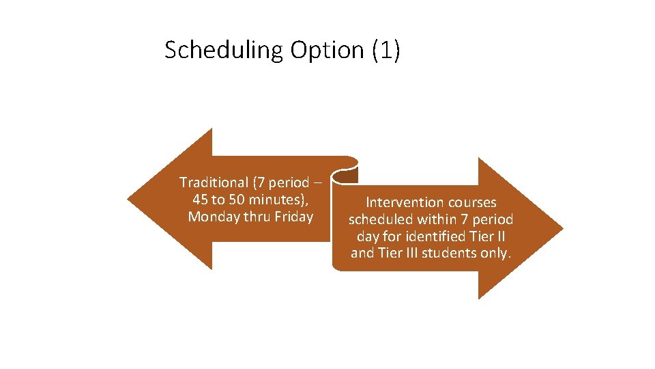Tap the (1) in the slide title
coord(387,51)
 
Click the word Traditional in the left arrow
coord(214,182)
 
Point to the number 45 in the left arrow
coord(201,200)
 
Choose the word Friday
coord(293,217)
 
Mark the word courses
coord(471,202)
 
